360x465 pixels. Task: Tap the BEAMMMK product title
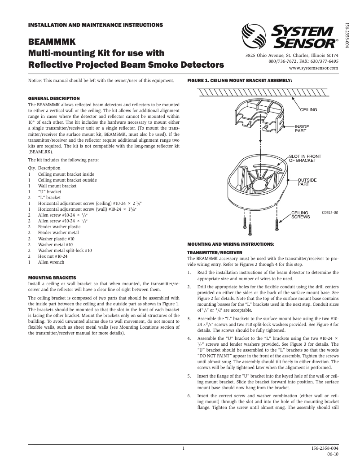tap(47, 42)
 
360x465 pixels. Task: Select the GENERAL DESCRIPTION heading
tap(54, 98)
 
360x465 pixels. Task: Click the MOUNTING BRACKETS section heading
tap(52, 278)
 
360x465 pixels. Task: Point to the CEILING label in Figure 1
tap(308, 109)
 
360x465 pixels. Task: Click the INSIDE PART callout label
tap(302, 129)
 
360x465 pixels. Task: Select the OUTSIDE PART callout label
tap(307, 182)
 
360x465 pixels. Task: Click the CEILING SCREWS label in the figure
tap(300, 215)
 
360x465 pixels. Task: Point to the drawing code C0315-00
tap(329, 213)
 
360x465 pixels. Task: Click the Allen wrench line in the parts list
tap(51, 262)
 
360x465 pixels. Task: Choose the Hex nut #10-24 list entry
tap(53, 256)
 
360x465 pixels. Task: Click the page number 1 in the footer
tap(183, 448)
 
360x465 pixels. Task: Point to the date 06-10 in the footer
tap(332, 454)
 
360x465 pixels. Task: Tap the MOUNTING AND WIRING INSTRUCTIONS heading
tap(230, 244)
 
